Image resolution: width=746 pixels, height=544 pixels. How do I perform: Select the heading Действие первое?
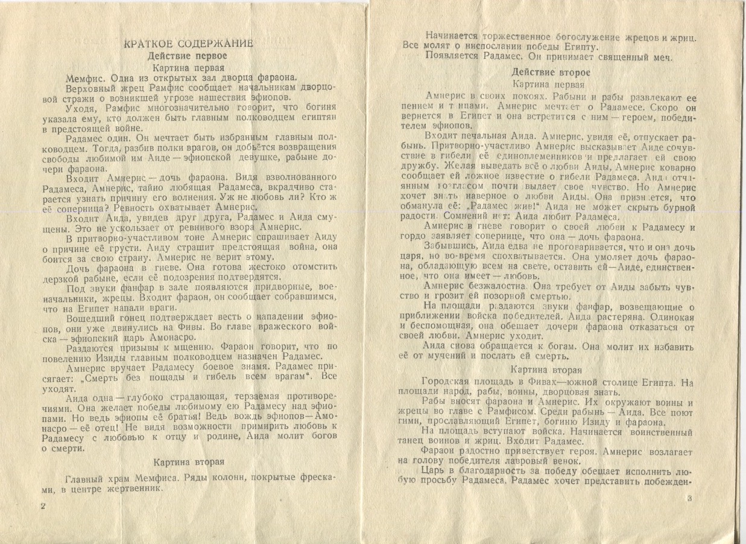188,56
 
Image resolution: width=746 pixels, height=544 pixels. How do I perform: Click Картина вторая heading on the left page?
189,462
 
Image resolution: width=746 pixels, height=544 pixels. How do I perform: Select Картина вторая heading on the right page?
546,370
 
